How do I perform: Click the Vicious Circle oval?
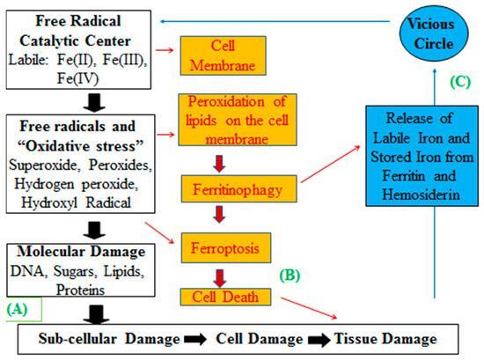coord(432,34)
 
